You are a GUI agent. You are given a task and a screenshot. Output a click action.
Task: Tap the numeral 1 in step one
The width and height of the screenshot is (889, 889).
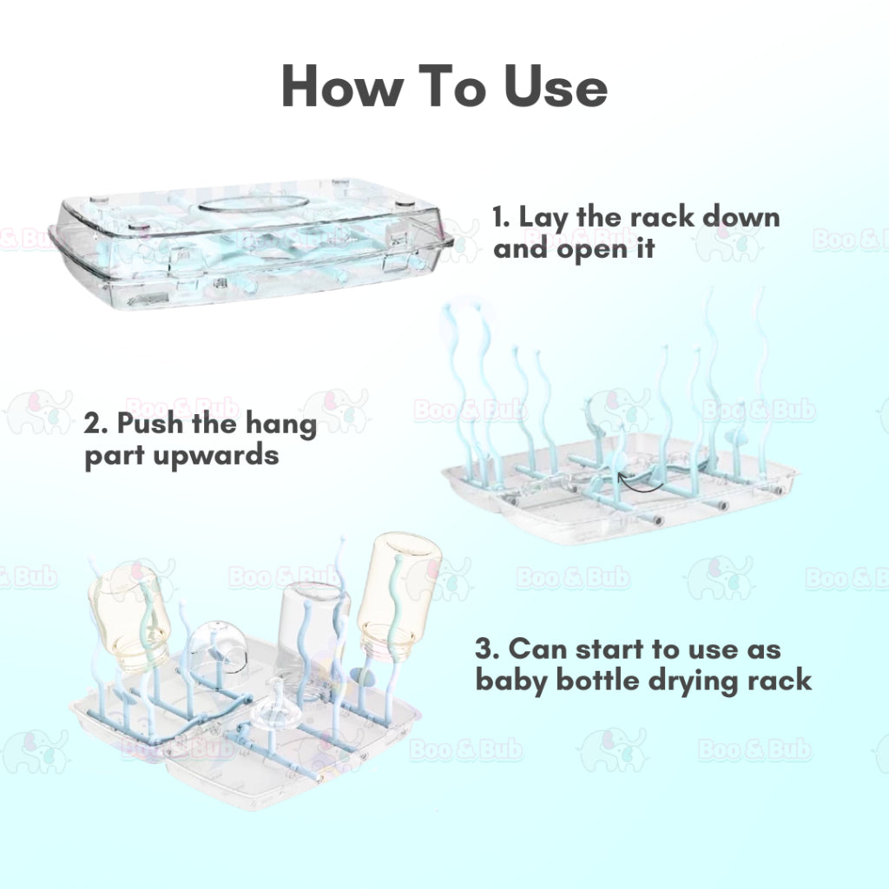[498, 217]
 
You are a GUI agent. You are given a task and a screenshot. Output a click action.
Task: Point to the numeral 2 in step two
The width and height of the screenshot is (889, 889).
[94, 425]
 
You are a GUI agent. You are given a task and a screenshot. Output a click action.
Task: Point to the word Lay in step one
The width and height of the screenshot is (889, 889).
[543, 218]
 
